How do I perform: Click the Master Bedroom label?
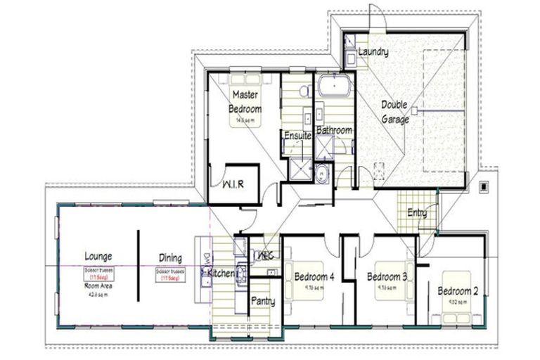[x=245, y=102]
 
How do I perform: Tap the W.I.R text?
[x=233, y=185]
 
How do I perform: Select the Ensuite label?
[x=297, y=135]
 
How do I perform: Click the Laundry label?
[x=373, y=52]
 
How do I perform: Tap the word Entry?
[x=417, y=212]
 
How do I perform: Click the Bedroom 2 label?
[x=458, y=291]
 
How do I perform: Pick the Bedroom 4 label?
[x=314, y=276]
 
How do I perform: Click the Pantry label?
[x=264, y=301]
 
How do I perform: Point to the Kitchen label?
[x=219, y=274]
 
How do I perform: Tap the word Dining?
[x=169, y=257]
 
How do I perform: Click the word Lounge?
[x=98, y=257]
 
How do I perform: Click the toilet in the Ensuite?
[x=304, y=91]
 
